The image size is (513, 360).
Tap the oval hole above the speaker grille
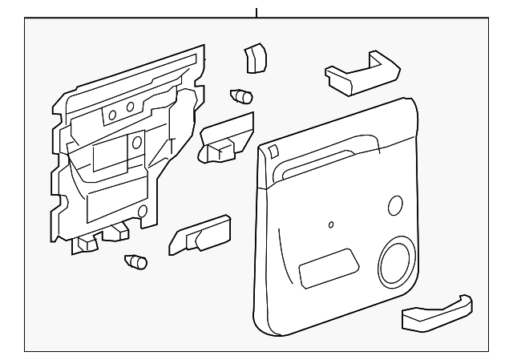click(394, 205)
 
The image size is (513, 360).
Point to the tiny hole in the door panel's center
click(331, 224)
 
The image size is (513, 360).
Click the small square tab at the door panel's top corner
click(273, 151)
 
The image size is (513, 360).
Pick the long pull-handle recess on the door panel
click(329, 158)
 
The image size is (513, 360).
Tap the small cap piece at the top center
click(255, 58)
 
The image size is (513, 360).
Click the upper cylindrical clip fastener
click(240, 96)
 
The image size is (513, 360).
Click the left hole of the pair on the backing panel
click(112, 115)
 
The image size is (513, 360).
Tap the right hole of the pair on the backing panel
click(130, 107)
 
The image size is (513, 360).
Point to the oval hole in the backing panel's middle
click(136, 143)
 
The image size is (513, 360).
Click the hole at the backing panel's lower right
click(143, 212)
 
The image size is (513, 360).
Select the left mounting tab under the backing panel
click(84, 243)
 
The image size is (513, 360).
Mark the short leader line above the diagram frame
click(256, 13)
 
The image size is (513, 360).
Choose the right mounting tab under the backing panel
click(119, 232)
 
